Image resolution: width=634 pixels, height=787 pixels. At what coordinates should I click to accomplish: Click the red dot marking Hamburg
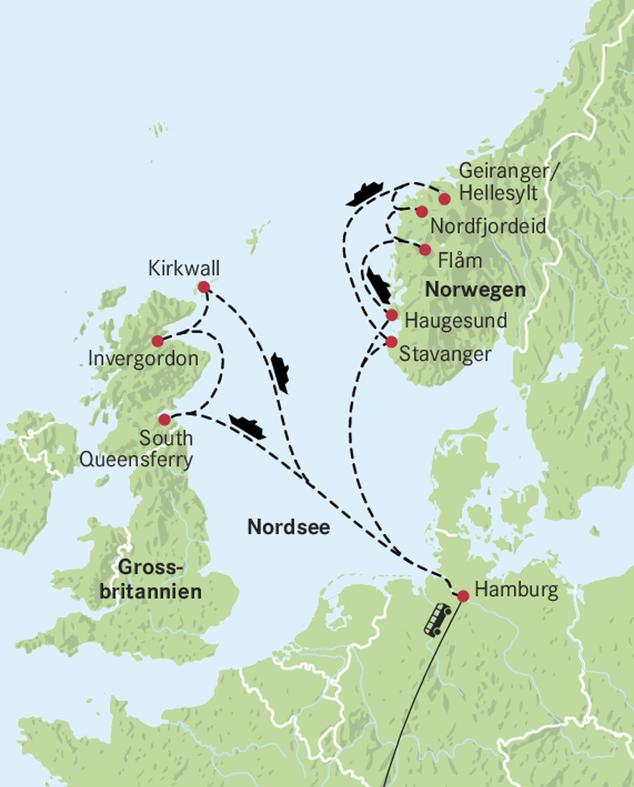coord(463,596)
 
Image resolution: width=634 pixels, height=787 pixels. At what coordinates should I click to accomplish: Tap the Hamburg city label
coord(516,589)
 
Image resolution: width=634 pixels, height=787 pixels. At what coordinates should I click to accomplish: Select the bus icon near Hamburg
coord(437,620)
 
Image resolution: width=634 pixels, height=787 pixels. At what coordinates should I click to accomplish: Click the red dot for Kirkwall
coord(204,287)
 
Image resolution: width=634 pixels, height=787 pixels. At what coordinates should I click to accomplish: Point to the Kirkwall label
coord(184,268)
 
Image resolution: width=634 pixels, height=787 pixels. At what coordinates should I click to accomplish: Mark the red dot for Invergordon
coord(158,341)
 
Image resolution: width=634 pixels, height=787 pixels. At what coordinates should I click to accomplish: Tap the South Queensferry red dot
coord(164,420)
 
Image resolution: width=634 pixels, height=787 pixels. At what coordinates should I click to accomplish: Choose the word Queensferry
coord(136,460)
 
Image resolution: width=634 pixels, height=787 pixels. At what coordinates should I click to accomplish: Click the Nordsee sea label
coord(289,527)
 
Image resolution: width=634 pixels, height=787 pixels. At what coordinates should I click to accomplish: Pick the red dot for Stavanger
coord(391,342)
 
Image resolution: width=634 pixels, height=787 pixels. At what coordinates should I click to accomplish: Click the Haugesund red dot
coord(392,315)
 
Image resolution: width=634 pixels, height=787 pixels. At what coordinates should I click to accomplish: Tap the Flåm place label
coord(460,261)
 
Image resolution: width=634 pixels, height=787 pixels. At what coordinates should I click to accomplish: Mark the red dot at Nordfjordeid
coord(422,211)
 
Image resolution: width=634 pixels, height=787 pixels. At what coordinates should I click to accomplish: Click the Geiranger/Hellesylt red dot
coord(445,199)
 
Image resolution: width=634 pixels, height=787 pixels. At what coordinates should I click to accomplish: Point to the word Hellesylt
coord(498,193)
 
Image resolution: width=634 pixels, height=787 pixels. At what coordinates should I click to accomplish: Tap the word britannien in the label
coord(150,592)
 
